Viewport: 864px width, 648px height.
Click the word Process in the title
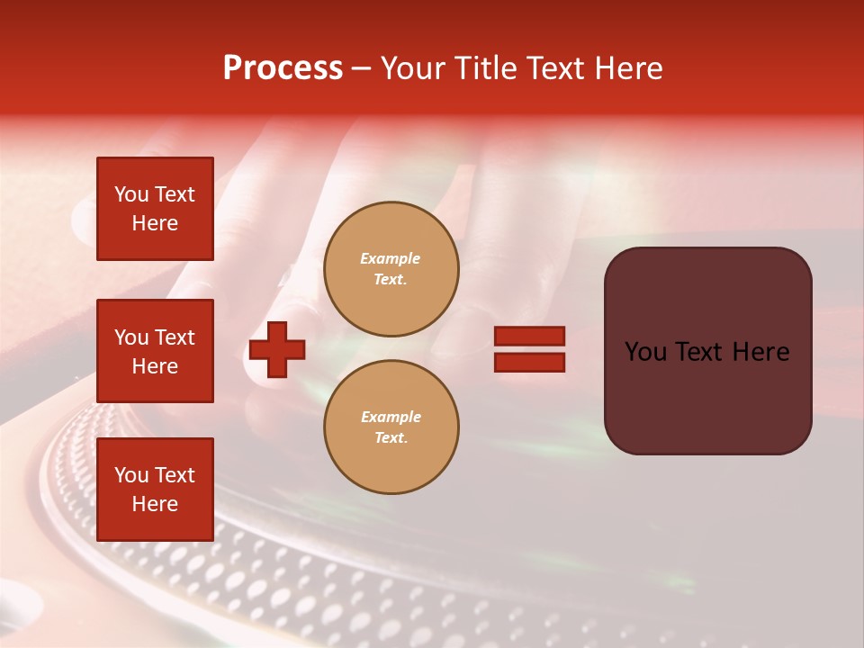tap(283, 68)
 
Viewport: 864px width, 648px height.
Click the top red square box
tap(155, 208)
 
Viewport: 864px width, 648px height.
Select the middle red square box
tap(155, 351)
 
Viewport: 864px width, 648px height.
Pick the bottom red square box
tap(155, 490)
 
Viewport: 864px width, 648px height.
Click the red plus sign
tap(276, 349)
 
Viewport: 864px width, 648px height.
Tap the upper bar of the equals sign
tap(529, 336)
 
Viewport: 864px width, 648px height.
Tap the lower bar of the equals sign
tap(529, 363)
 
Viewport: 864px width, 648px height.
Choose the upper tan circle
tap(391, 269)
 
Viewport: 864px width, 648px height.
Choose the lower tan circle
tap(391, 427)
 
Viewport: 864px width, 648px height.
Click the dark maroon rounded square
tap(708, 351)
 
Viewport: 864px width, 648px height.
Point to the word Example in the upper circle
tap(390, 258)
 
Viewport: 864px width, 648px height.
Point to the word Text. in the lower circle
tap(391, 437)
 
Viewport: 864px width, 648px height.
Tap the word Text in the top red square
tap(173, 194)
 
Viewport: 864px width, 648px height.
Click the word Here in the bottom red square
tap(155, 504)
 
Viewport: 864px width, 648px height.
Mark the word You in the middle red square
tap(130, 337)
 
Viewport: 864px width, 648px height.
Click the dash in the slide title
tap(361, 69)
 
